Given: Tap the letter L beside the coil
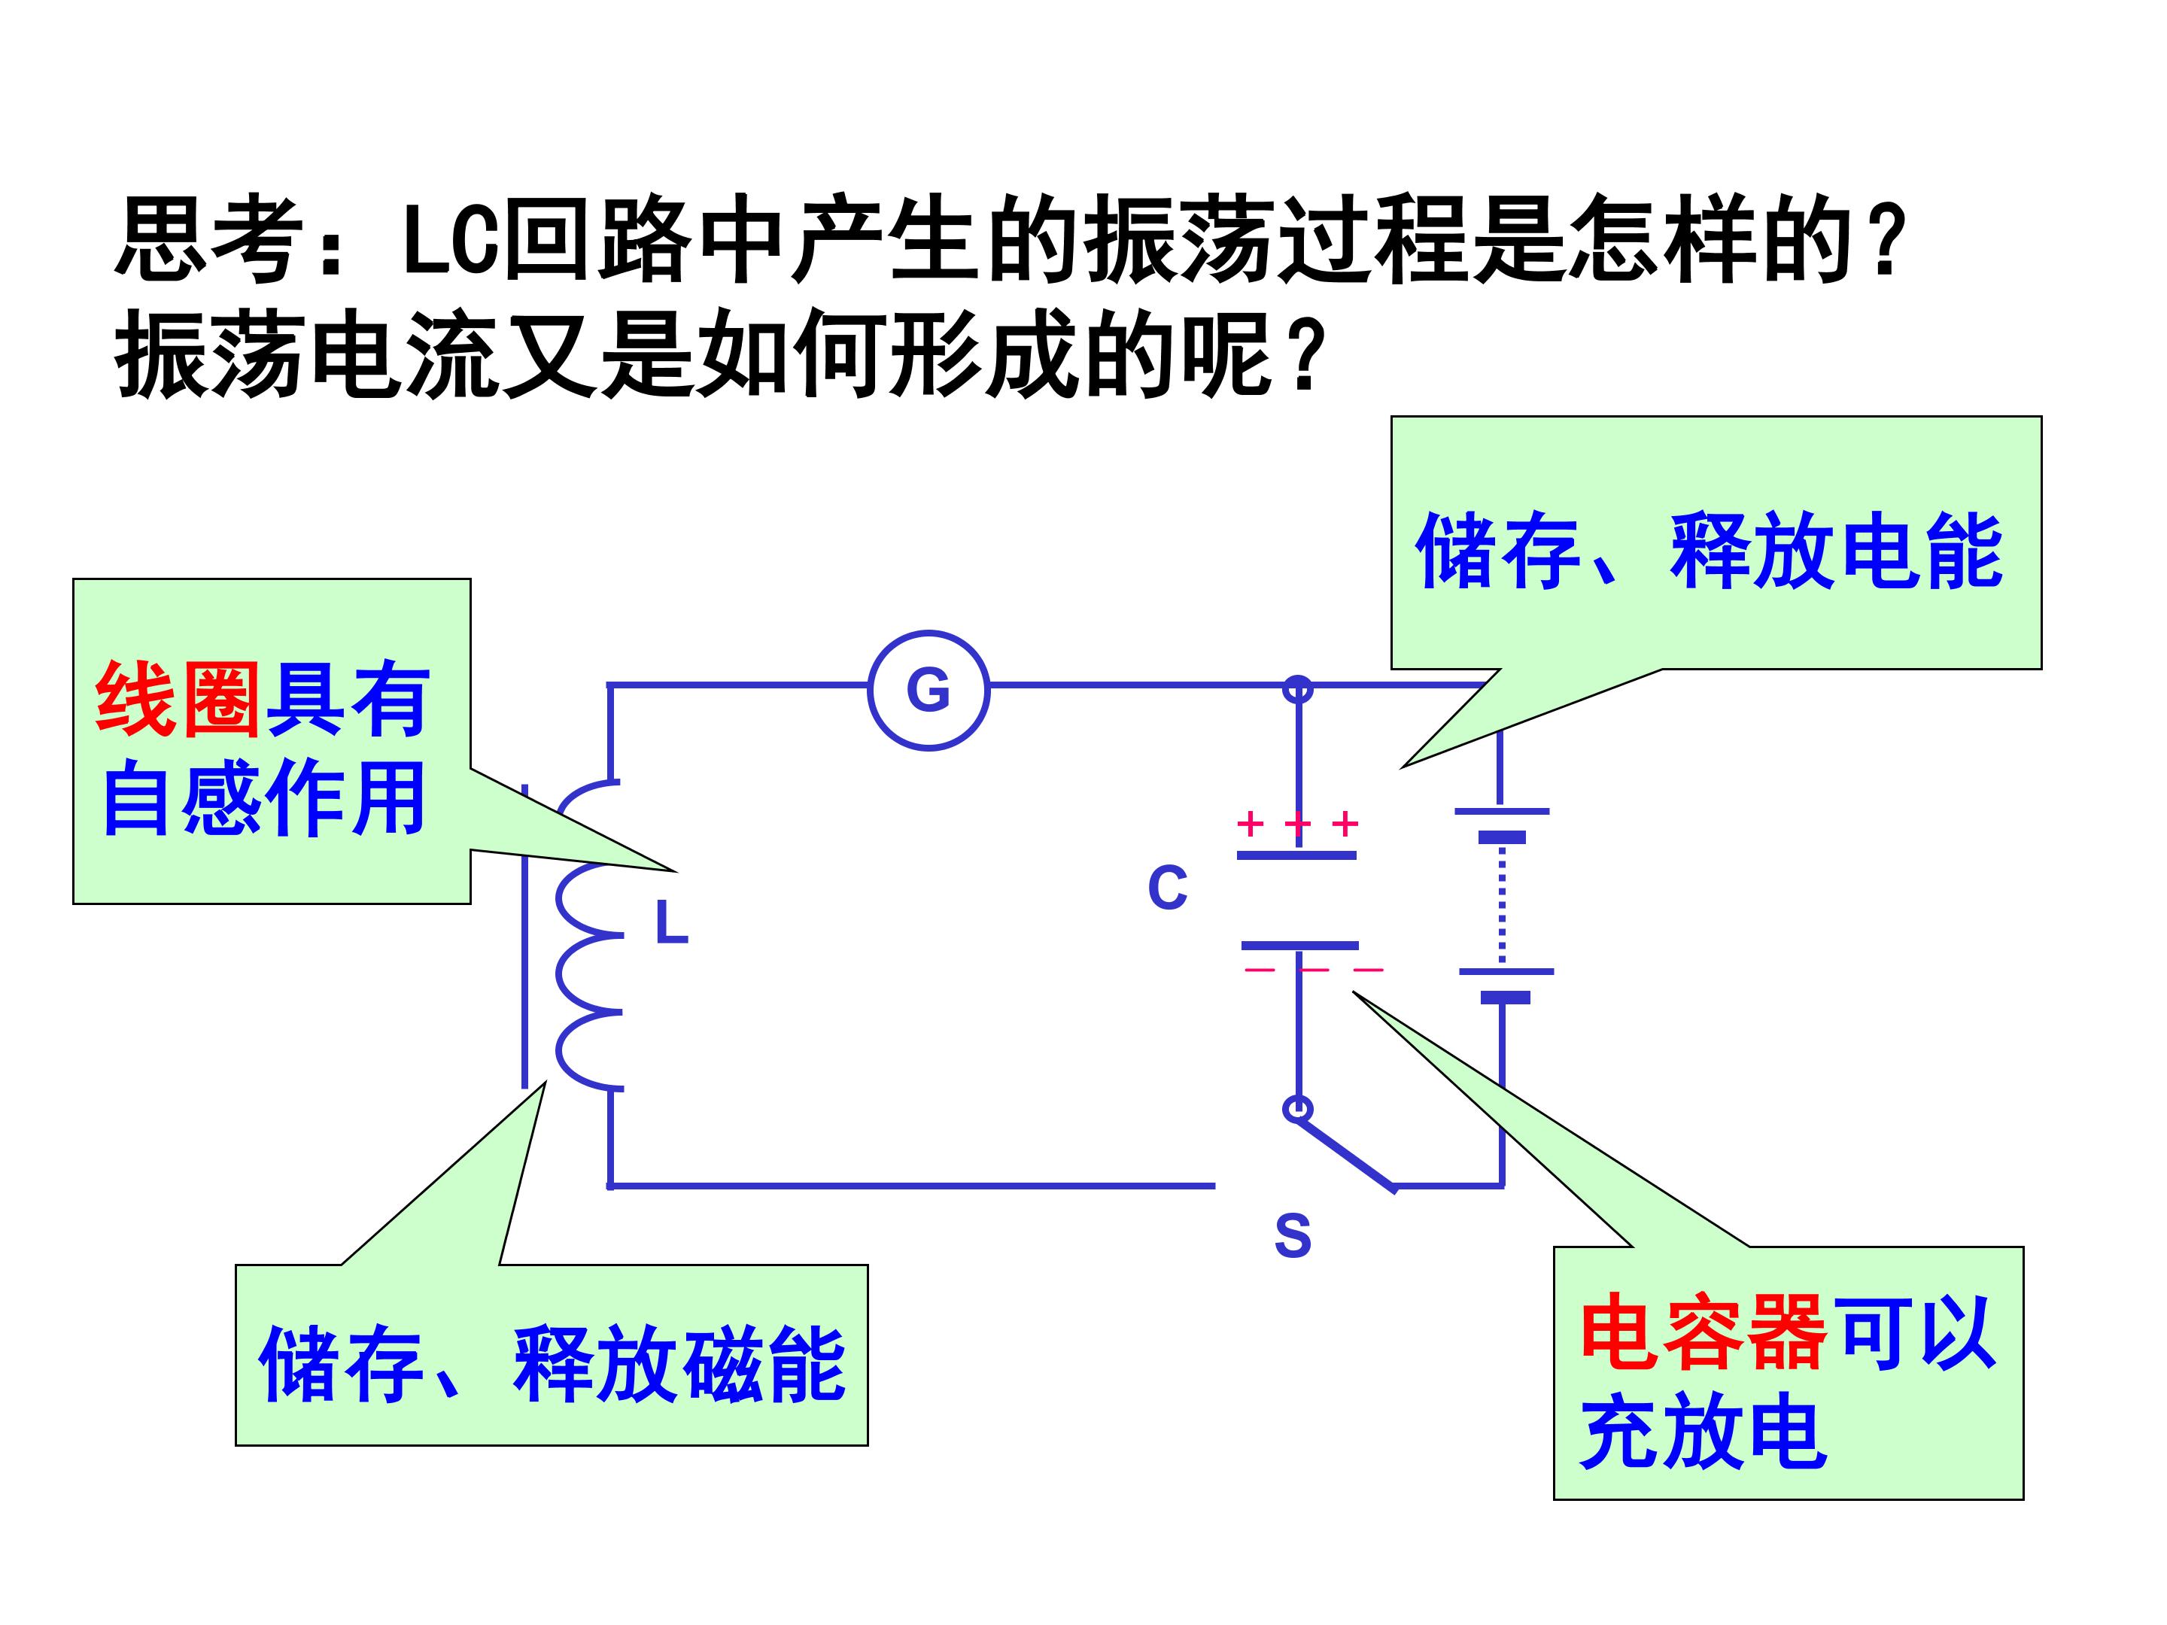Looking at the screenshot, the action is coord(671,922).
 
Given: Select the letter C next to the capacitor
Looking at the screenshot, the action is coord(1167,888).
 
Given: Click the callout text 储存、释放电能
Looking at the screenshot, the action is coord(1710,551).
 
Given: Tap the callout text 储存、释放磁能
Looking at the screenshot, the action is coord(552,1365).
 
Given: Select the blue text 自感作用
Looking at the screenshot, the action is coord(265,798).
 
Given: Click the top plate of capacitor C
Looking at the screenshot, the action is coord(1296,855).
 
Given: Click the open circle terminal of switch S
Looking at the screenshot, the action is coord(1298,1109).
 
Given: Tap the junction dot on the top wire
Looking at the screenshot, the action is coord(1298,688).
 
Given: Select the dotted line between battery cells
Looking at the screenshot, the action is coord(1502,904).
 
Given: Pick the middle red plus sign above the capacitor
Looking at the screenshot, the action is coord(1297,824).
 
